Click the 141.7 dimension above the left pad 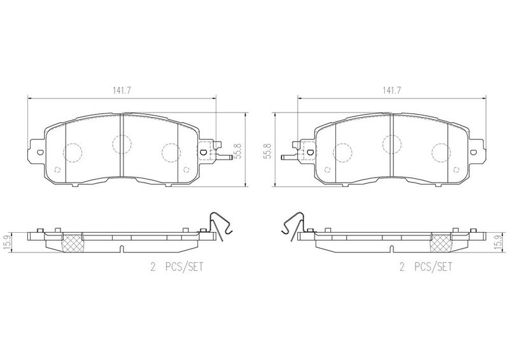pyautogui.click(x=122, y=91)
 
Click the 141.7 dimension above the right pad pyautogui.click(x=391, y=91)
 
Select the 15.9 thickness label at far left pyautogui.click(x=6, y=242)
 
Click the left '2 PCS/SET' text pyautogui.click(x=177, y=267)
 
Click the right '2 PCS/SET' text pyautogui.click(x=426, y=267)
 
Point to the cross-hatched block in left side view pyautogui.click(x=72, y=243)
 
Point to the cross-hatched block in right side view pyautogui.click(x=441, y=243)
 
